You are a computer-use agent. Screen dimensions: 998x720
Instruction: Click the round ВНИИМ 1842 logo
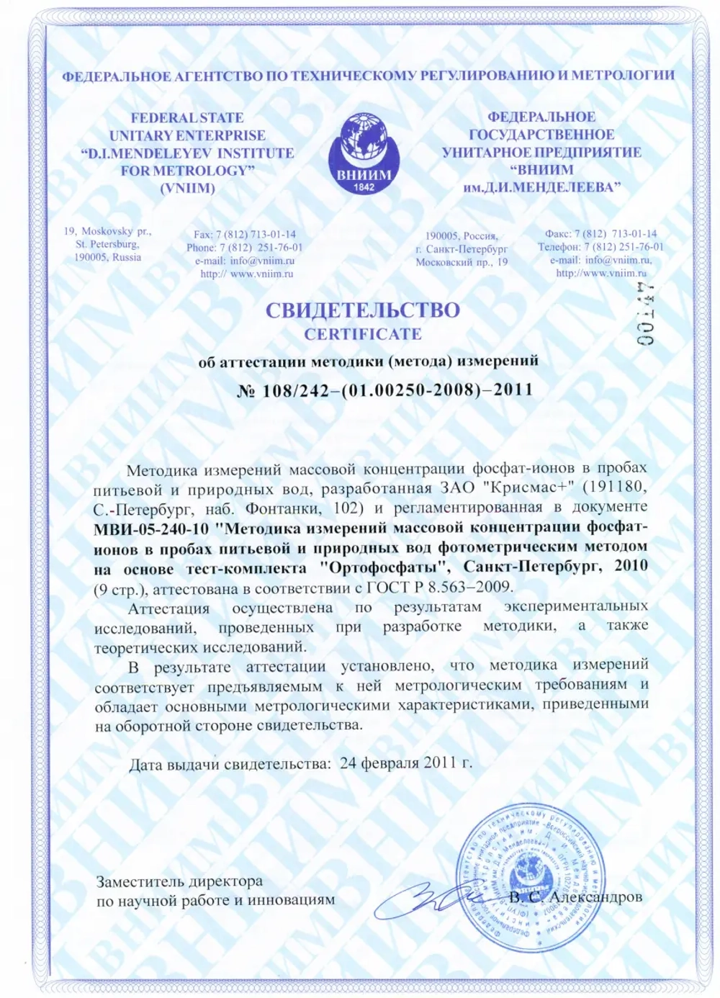tap(364, 153)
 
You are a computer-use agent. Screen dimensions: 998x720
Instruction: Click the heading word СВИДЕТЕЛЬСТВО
tap(362, 310)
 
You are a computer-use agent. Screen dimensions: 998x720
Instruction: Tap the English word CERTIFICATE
tap(362, 334)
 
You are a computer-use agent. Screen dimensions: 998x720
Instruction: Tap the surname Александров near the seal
tap(595, 897)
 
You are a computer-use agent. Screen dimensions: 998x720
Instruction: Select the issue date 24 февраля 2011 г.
tap(406, 763)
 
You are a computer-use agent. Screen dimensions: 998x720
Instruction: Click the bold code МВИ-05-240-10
tap(151, 529)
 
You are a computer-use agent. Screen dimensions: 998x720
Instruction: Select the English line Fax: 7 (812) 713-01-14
tap(244, 235)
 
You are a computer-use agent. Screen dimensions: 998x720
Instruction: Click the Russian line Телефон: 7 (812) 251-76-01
tap(600, 247)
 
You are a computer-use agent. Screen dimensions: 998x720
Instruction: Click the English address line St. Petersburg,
tap(107, 245)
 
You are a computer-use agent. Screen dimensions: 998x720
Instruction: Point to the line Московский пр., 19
tap(462, 262)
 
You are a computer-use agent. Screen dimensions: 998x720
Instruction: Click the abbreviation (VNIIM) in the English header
tap(187, 189)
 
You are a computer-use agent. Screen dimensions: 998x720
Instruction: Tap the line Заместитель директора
tap(179, 881)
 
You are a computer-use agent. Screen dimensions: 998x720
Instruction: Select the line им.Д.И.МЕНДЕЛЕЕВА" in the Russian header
tap(541, 187)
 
